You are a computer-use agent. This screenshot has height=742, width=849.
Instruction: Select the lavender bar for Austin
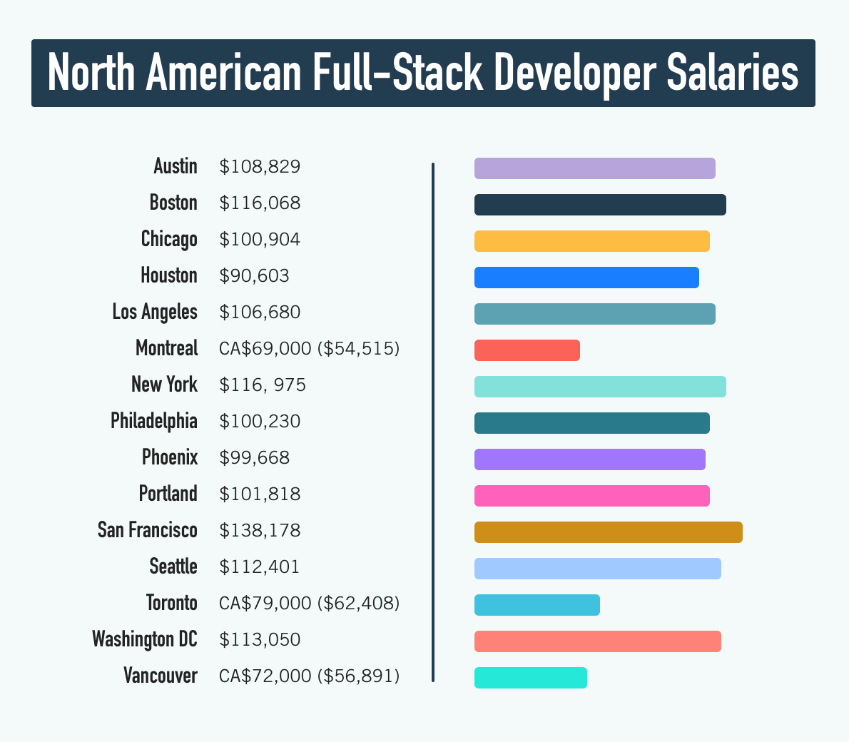tap(594, 168)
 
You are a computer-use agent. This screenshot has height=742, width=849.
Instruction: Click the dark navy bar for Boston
tap(600, 205)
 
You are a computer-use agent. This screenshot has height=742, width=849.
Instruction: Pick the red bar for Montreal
tap(527, 350)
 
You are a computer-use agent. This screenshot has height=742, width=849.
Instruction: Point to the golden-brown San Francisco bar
tap(608, 532)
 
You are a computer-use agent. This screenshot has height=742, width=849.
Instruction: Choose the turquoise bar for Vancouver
tap(530, 678)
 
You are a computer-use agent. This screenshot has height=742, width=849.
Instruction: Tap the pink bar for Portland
tap(591, 496)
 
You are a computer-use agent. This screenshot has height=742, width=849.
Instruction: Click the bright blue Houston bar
tap(586, 278)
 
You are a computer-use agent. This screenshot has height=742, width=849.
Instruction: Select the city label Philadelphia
tap(153, 421)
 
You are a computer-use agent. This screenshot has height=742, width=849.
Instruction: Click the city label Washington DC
tap(145, 639)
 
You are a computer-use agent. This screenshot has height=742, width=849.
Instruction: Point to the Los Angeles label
tap(154, 312)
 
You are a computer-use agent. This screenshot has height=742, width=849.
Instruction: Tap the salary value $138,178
tap(260, 531)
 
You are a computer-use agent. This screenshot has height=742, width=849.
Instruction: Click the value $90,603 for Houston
tap(254, 275)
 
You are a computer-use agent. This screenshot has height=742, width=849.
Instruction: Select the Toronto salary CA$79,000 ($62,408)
tap(309, 604)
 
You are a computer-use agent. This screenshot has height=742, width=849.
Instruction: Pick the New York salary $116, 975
tap(263, 385)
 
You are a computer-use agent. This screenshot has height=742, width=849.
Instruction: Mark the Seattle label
tap(173, 566)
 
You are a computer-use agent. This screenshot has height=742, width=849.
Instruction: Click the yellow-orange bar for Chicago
tap(591, 241)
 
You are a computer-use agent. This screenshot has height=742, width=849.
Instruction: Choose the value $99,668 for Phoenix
tap(254, 457)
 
